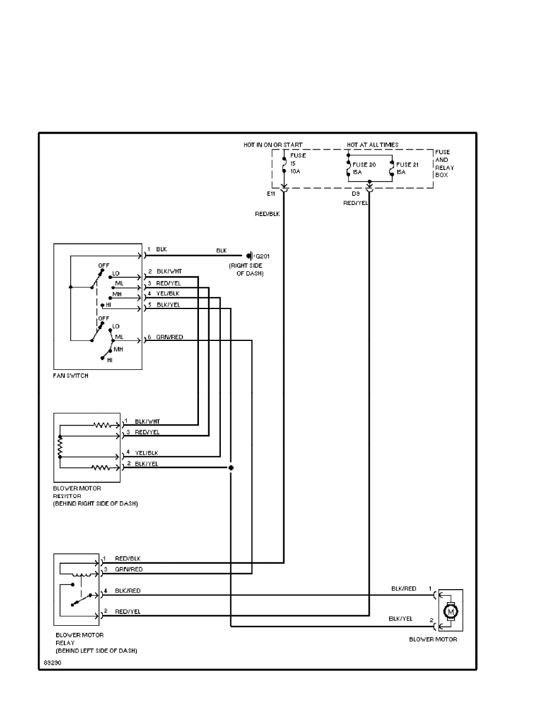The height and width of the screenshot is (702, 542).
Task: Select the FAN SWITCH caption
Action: [71, 376]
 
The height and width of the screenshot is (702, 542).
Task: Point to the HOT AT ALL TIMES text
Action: [373, 145]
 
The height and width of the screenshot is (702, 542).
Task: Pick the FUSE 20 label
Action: [364, 164]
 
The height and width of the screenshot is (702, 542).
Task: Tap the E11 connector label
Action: [271, 193]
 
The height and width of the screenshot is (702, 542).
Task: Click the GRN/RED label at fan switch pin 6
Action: [169, 336]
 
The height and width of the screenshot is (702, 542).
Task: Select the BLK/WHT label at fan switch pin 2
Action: [169, 271]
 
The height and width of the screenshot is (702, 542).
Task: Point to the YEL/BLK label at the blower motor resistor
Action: [146, 453]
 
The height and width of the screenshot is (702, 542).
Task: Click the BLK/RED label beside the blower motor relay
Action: [128, 590]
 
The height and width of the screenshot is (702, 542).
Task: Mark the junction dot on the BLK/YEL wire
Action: [231, 467]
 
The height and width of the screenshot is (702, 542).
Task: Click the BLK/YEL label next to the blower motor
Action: [400, 619]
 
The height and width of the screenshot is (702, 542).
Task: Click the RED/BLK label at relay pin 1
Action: [128, 558]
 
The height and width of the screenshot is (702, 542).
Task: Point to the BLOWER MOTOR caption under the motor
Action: [433, 639]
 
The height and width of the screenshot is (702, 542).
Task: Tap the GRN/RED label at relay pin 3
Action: [129, 569]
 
